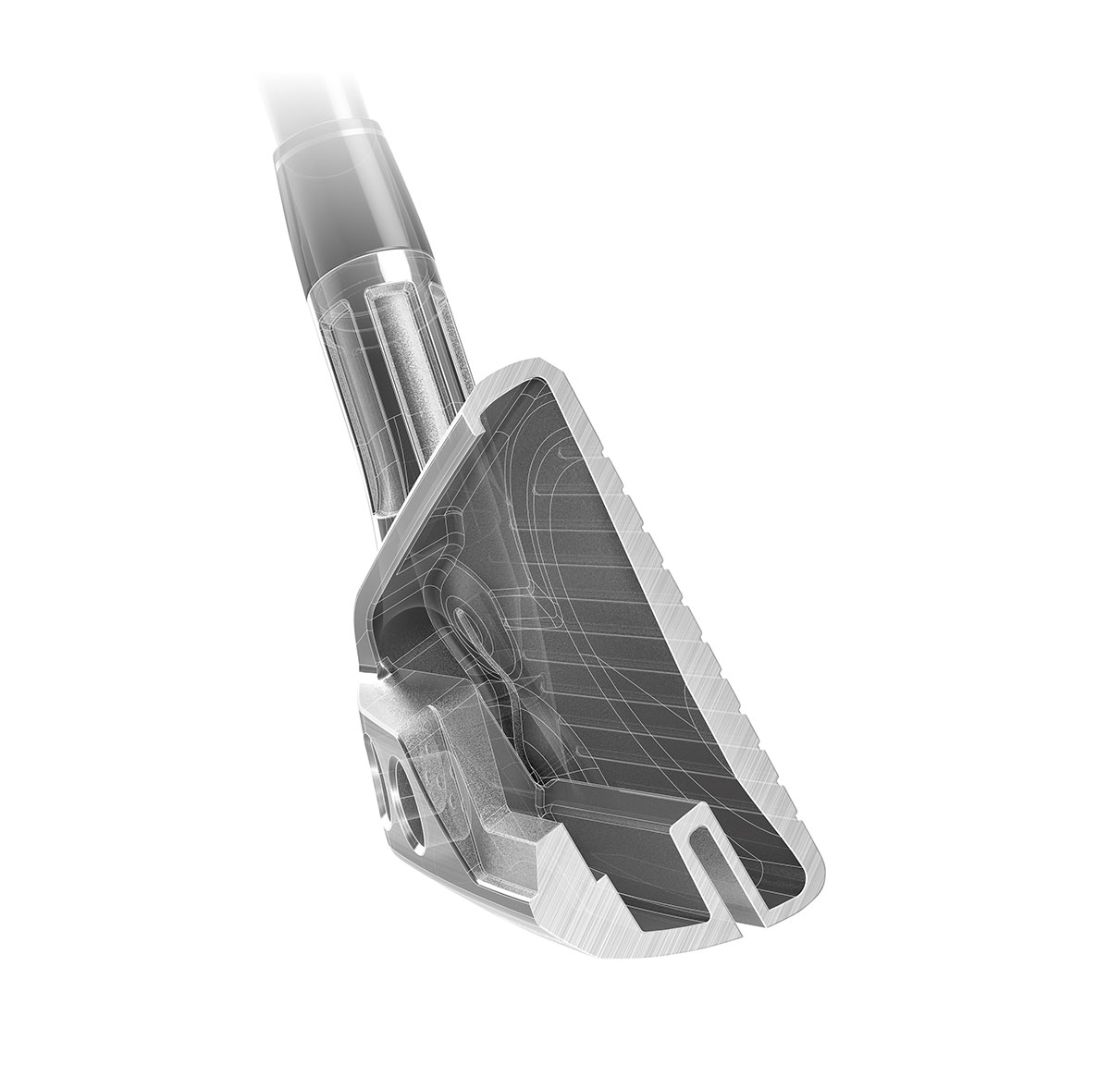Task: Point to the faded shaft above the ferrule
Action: tap(277, 55)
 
